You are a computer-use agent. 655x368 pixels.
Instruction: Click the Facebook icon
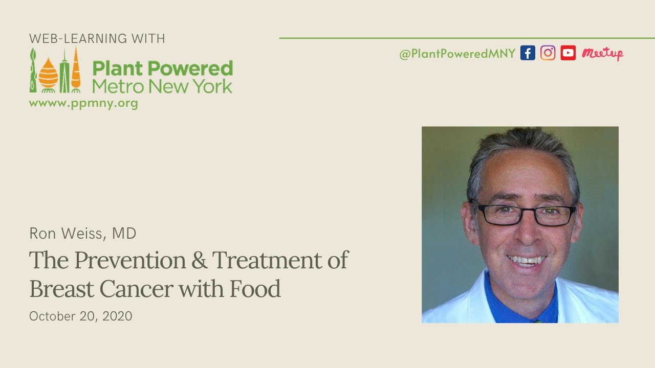click(528, 53)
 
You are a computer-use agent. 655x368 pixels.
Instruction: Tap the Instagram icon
click(548, 53)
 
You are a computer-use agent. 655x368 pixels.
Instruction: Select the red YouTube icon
click(568, 53)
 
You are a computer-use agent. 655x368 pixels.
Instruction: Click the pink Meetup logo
click(602, 53)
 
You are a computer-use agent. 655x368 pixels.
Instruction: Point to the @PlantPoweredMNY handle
click(457, 54)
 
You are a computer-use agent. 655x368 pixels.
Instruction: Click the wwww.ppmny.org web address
click(83, 103)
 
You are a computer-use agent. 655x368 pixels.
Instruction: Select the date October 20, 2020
click(81, 316)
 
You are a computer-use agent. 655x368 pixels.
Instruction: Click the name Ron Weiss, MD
click(83, 234)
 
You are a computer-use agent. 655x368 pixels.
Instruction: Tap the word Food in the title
click(255, 289)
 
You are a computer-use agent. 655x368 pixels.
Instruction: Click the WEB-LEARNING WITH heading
click(97, 38)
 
